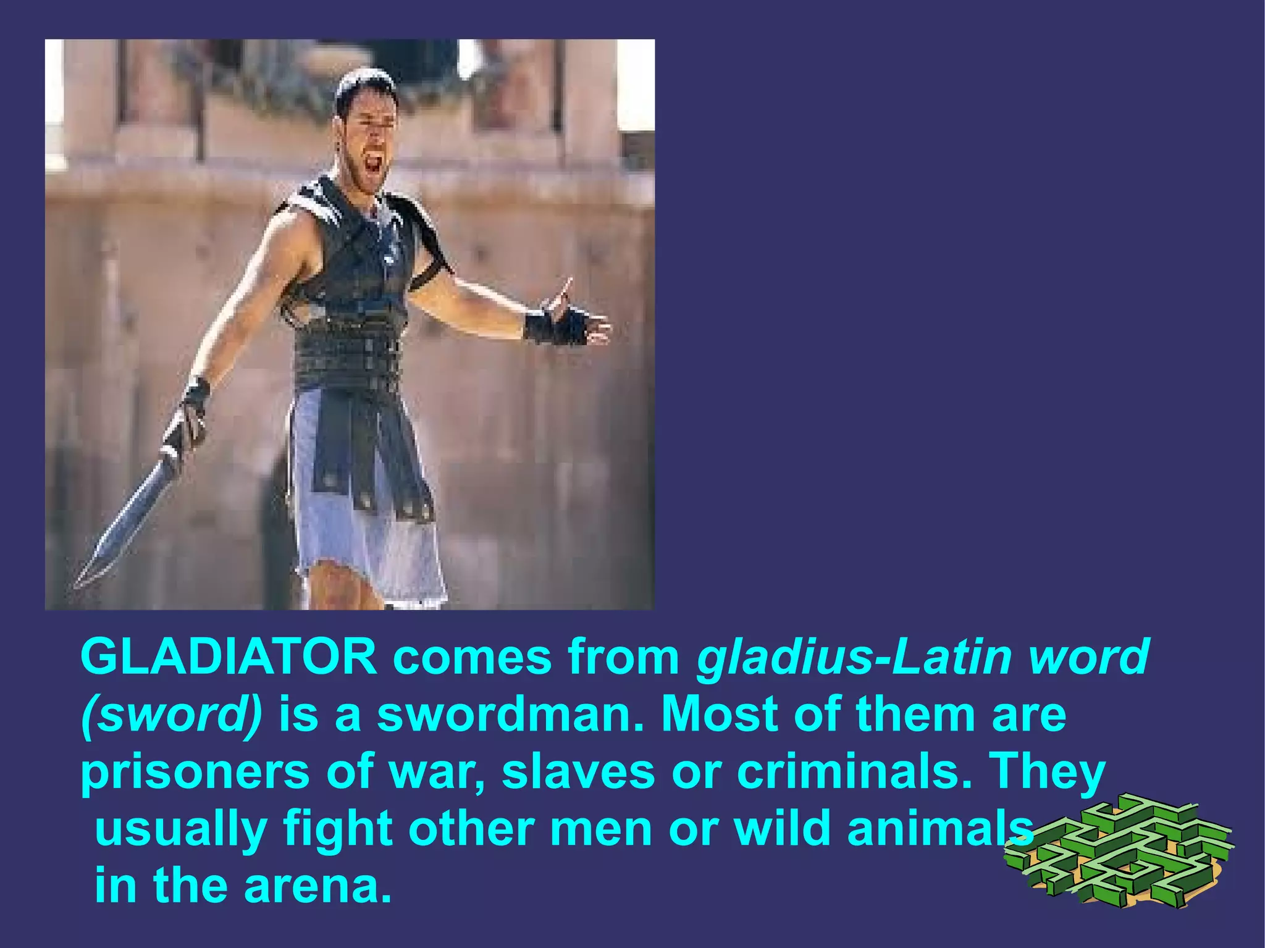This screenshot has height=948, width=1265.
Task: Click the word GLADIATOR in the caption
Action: pyautogui.click(x=229, y=656)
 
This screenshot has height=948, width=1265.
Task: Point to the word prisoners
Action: pyautogui.click(x=195, y=772)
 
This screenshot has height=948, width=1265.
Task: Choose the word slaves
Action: pyautogui.click(x=578, y=772)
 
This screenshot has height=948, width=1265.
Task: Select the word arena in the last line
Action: pyautogui.click(x=317, y=886)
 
